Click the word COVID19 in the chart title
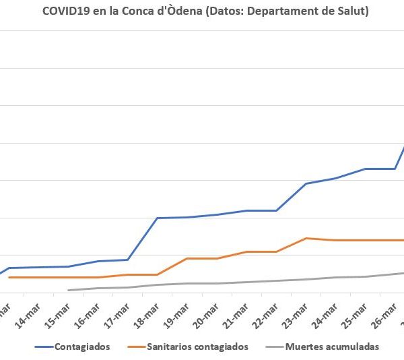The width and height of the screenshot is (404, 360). [66, 11]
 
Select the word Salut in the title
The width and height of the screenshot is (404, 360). [351, 11]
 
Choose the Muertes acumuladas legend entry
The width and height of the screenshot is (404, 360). [332, 347]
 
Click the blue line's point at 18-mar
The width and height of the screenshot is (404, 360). [157, 218]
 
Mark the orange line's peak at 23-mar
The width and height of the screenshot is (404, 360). [306, 238]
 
